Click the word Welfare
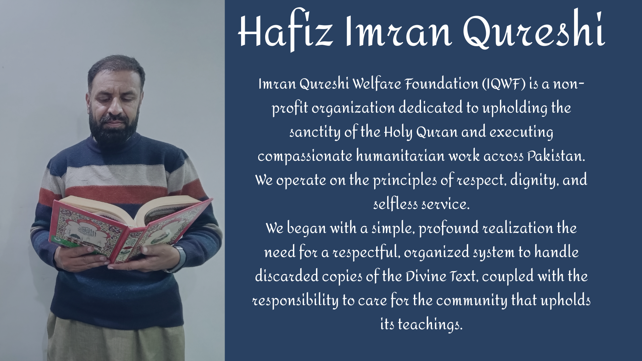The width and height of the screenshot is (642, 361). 377,84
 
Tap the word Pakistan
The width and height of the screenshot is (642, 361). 556,156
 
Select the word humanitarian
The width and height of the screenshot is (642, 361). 400,156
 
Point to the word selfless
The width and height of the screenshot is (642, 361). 396,204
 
